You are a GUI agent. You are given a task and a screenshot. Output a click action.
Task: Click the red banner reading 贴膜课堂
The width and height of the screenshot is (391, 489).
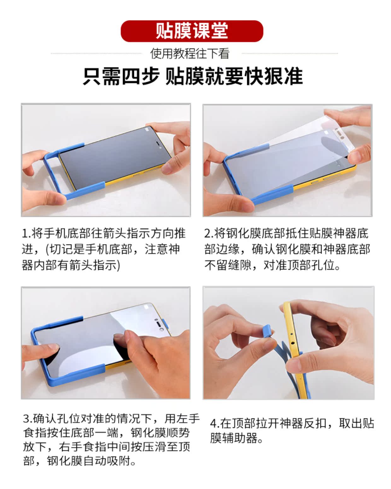click(192, 31)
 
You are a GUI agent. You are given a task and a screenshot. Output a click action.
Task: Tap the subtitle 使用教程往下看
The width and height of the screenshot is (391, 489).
click(190, 54)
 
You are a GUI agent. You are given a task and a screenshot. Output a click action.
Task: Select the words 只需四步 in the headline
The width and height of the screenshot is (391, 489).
click(121, 77)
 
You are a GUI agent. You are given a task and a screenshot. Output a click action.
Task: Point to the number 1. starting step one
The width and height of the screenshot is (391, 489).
click(26, 234)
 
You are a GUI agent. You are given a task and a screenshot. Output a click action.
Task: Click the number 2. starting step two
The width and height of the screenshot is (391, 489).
click(208, 234)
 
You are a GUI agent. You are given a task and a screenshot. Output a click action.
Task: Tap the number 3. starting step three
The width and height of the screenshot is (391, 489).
click(27, 419)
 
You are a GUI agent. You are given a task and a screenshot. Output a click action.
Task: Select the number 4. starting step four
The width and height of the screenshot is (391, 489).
click(214, 423)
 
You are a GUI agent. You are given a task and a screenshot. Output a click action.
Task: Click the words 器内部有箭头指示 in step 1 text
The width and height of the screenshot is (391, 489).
click(69, 265)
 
